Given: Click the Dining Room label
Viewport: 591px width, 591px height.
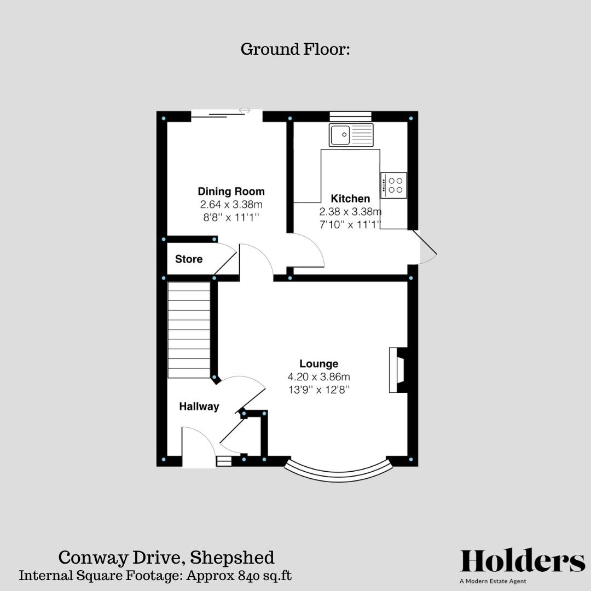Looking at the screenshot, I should [x=231, y=192].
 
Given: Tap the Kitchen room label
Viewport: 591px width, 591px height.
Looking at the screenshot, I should [x=350, y=199].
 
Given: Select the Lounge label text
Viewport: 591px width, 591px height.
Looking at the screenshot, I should [x=318, y=363].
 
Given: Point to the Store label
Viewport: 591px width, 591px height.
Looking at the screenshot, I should [x=189, y=259].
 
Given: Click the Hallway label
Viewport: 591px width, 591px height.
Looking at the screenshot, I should [x=199, y=407].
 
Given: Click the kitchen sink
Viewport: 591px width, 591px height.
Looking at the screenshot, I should [x=351, y=135].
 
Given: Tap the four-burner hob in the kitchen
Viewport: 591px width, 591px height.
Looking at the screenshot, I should [x=393, y=185].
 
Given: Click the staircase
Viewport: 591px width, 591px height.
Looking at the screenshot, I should [x=189, y=329].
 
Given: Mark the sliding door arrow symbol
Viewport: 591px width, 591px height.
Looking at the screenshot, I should [x=245, y=111].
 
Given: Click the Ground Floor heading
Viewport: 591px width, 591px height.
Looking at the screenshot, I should [x=295, y=49].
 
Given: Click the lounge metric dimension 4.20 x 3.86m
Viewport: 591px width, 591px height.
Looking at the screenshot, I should [x=318, y=376].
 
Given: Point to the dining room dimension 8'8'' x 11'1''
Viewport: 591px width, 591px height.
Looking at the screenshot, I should [x=231, y=217].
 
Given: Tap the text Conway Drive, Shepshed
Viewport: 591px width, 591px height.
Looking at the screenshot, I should [x=166, y=558].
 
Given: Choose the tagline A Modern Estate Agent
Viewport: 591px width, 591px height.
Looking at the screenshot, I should [x=493, y=581].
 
